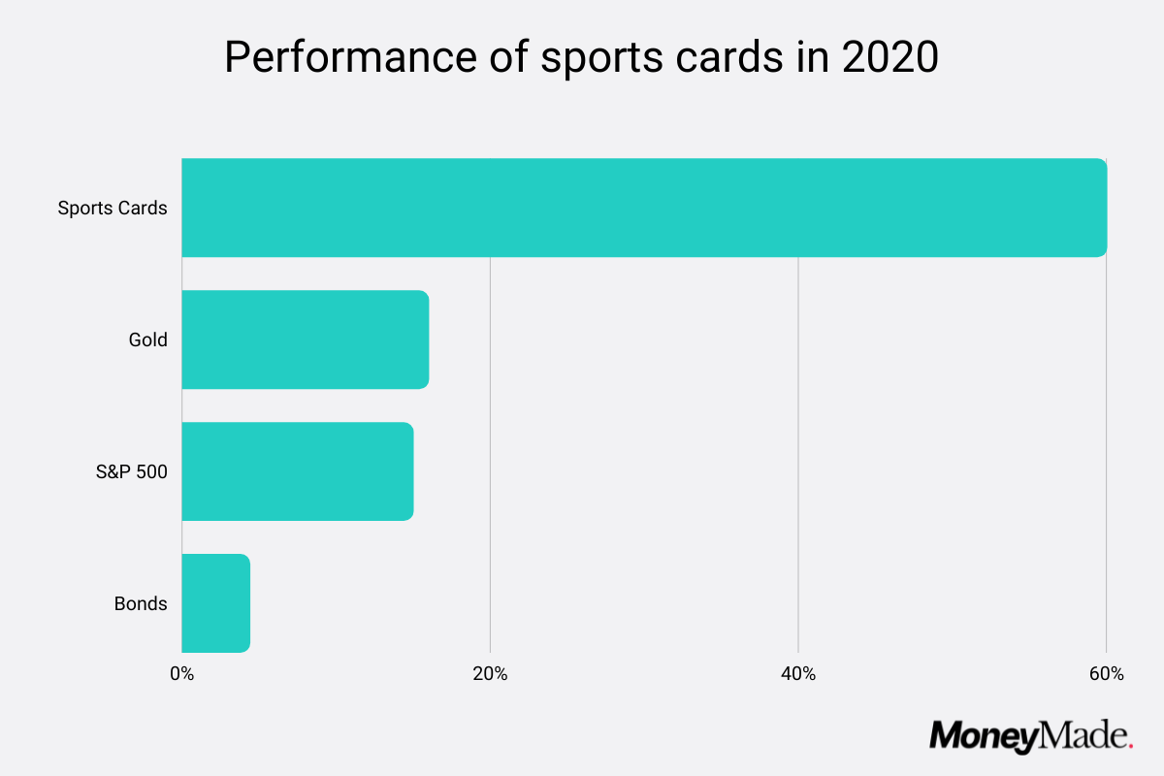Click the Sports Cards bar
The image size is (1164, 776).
pyautogui.click(x=644, y=208)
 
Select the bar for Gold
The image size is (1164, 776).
pyautogui.click(x=305, y=339)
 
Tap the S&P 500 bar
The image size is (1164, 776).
pyautogui.click(x=297, y=471)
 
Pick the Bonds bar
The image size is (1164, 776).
pyautogui.click(x=215, y=603)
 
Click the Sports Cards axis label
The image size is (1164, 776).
pyautogui.click(x=113, y=208)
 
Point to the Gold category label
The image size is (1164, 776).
pyautogui.click(x=147, y=339)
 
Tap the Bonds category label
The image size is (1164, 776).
pyautogui.click(x=141, y=603)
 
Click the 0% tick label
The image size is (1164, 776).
pyautogui.click(x=181, y=674)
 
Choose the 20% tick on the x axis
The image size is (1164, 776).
pyautogui.click(x=490, y=674)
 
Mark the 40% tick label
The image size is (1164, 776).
pyautogui.click(x=797, y=674)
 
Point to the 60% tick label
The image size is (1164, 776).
pyautogui.click(x=1106, y=674)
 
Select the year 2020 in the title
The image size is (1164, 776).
pyautogui.click(x=889, y=58)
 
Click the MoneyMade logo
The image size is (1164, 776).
pyautogui.click(x=1031, y=735)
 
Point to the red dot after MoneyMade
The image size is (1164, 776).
pyautogui.click(x=1130, y=746)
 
